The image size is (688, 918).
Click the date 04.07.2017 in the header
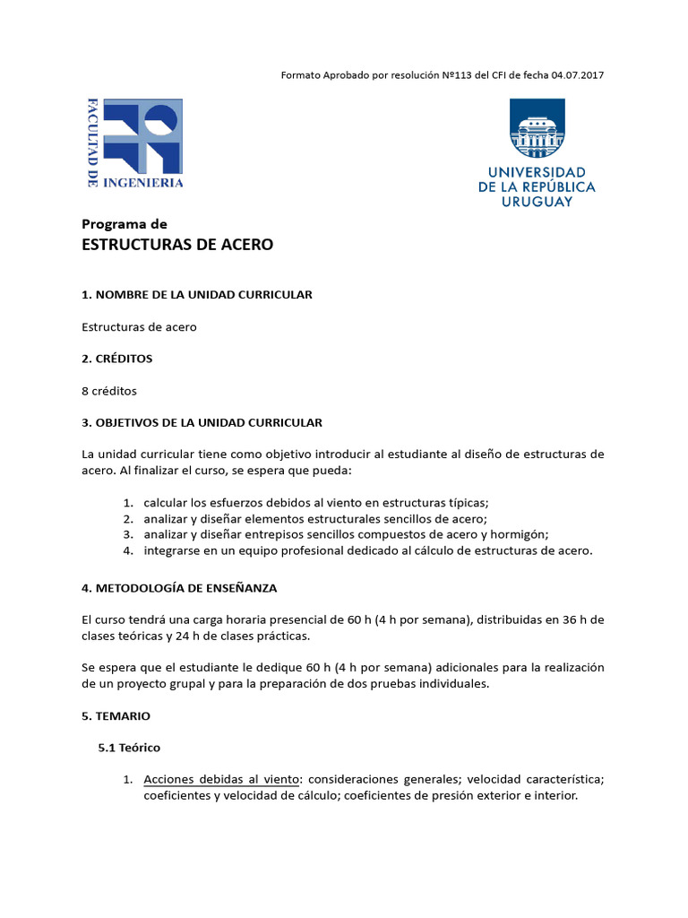point(576,75)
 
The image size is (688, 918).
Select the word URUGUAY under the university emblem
point(537,202)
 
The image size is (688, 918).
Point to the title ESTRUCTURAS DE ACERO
point(177,245)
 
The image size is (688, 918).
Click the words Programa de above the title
point(125,224)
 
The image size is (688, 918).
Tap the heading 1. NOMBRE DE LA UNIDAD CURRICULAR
point(197,295)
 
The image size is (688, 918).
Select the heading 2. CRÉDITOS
point(117,359)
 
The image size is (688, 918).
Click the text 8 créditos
point(109,391)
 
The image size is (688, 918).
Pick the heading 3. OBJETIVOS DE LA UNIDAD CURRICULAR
point(202,422)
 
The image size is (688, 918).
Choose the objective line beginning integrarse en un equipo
point(367,551)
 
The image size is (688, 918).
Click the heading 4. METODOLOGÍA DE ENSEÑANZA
point(179,588)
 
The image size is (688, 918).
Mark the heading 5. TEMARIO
point(116,716)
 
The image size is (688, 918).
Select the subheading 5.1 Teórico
point(129,747)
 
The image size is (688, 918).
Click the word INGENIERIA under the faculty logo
point(143,183)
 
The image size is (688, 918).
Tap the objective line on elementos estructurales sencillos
point(315,519)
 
